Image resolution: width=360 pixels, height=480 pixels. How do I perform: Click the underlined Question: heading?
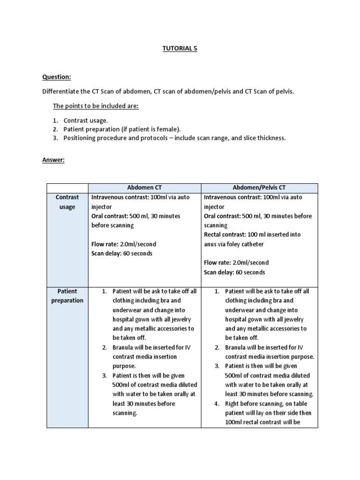coord(56,77)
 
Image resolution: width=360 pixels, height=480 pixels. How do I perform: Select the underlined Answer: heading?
coord(53,160)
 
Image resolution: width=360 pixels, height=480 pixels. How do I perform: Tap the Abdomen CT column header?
coord(144,188)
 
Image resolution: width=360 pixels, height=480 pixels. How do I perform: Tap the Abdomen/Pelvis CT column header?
coord(259,188)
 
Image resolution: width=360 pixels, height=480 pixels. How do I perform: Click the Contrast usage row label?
coord(67,202)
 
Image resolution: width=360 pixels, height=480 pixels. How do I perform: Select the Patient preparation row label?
coord(67,296)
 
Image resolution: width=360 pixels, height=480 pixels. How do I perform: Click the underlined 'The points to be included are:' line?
coord(96,106)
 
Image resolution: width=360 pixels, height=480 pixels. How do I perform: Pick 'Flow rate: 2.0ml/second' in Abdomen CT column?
coord(124,244)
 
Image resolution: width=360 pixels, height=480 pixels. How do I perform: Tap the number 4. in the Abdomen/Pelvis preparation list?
coord(217,404)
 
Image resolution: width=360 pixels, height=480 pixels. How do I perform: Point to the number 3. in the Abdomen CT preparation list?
coord(105,375)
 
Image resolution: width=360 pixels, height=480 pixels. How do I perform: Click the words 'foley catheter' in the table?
coord(247,244)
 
